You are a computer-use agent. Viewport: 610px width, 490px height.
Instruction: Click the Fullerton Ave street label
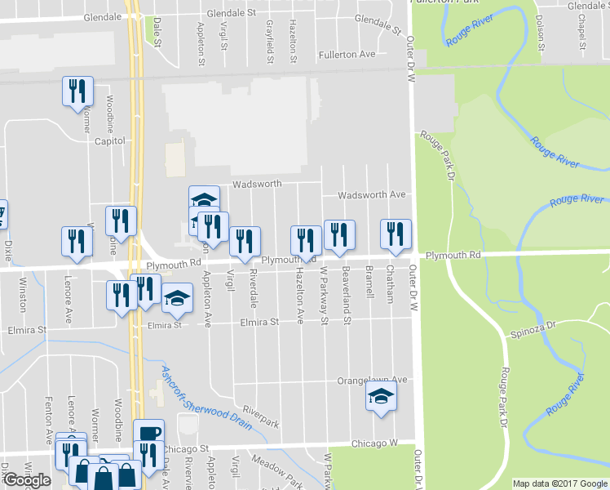coord(347,54)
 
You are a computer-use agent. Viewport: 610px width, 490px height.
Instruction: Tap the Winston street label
coord(22,295)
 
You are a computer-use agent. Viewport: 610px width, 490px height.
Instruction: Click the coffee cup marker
coord(148,434)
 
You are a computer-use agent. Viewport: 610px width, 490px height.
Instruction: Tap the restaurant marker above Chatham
coord(396,234)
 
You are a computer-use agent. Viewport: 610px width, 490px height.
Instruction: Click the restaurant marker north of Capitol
coord(78,91)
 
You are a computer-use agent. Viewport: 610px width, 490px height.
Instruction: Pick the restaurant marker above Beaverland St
coord(339,234)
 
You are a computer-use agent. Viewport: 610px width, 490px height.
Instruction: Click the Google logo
coord(27,480)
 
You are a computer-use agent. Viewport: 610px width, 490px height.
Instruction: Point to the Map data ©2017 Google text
coord(559,483)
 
